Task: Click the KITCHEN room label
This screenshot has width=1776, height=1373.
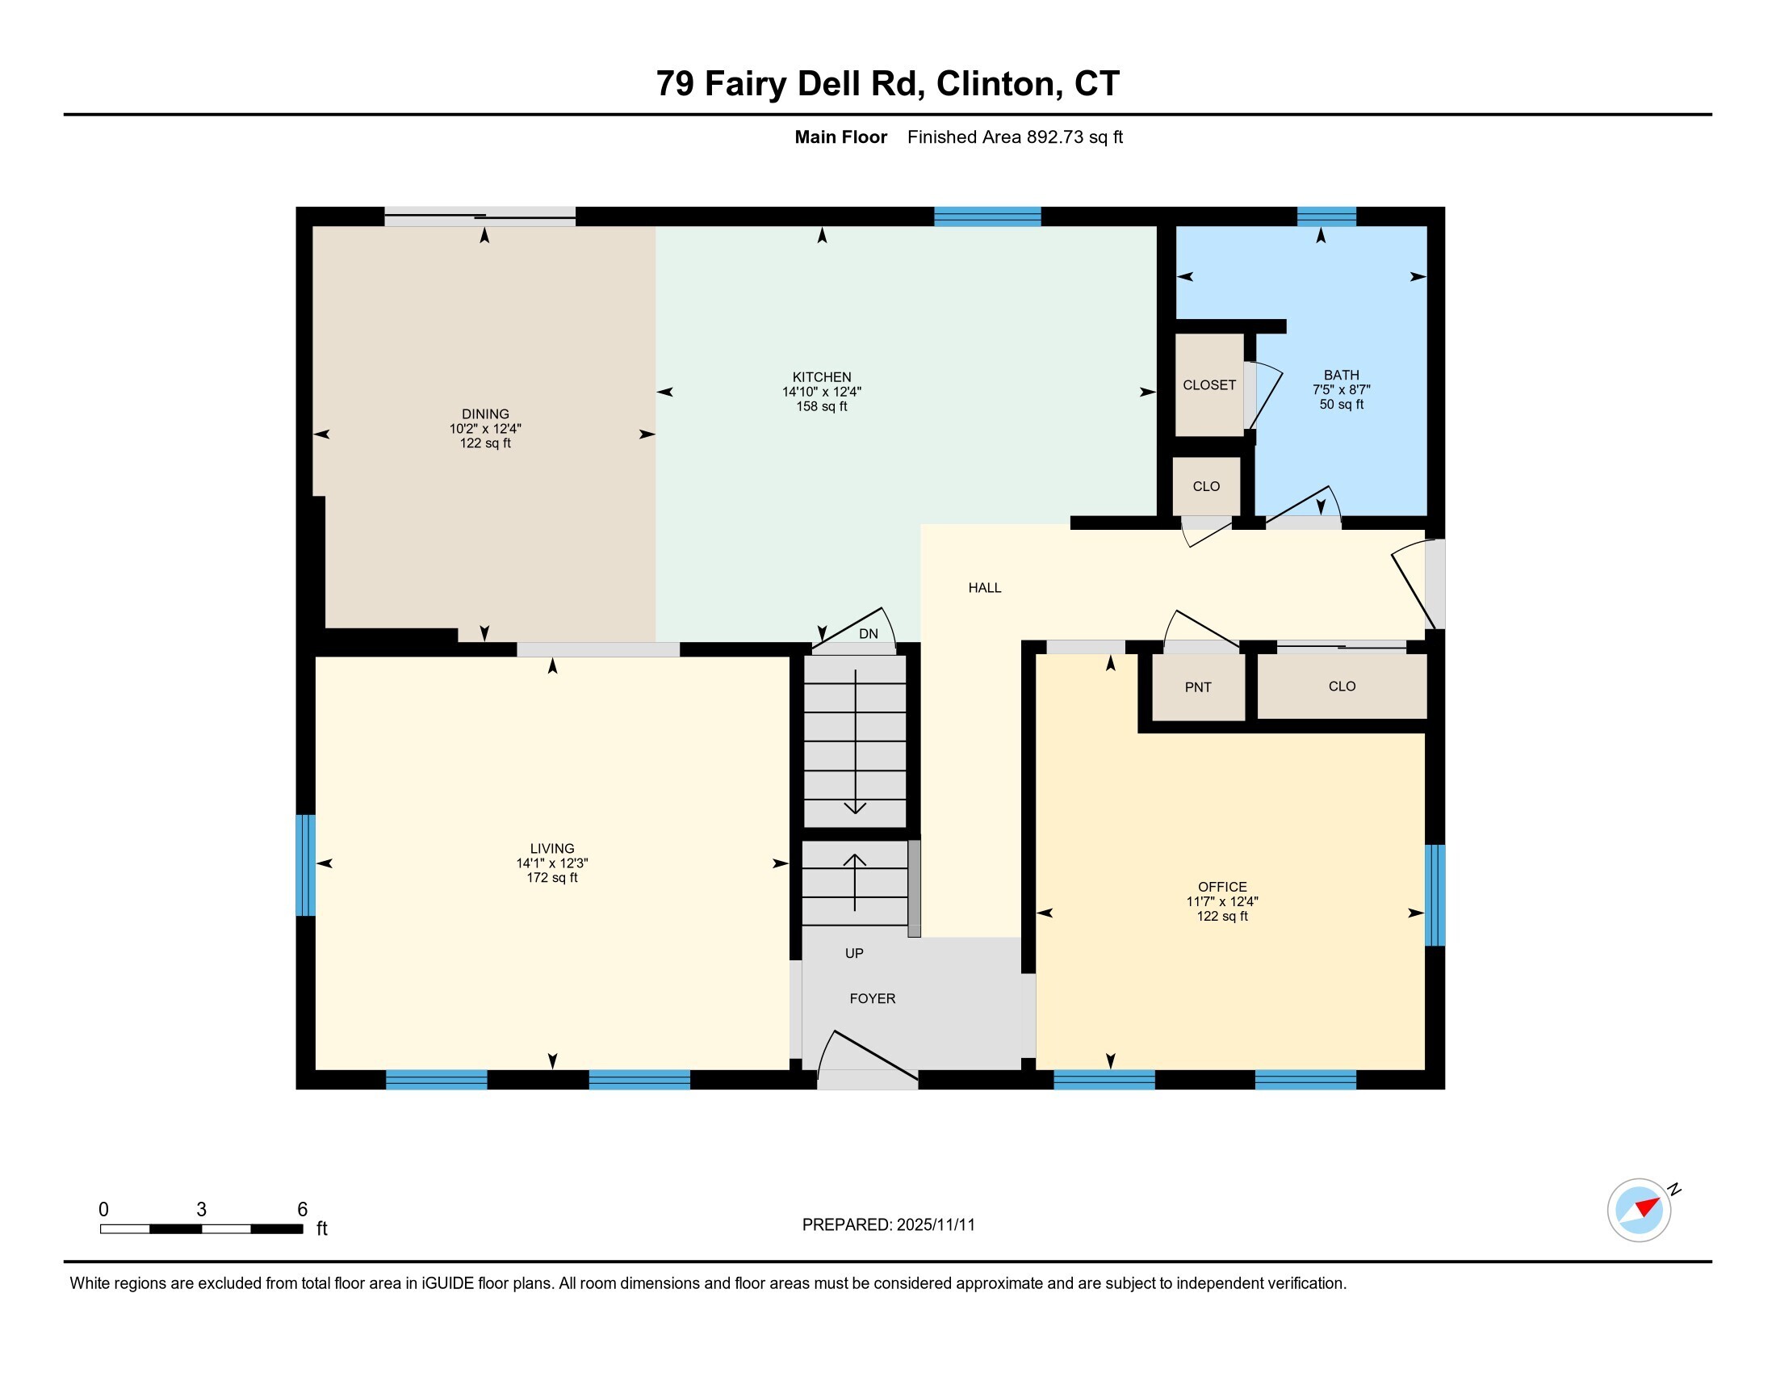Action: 821,377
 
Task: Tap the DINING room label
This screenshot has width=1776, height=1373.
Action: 485,414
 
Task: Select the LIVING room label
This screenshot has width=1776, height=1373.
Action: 552,848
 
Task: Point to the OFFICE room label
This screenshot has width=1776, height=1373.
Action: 1222,887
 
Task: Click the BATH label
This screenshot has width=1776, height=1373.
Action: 1341,375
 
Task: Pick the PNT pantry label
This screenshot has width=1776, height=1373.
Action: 1198,687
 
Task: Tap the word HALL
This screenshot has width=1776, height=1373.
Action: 985,587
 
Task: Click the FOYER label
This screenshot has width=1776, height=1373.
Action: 873,998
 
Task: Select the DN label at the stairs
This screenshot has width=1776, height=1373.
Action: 869,634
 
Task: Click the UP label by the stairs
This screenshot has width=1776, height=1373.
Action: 854,952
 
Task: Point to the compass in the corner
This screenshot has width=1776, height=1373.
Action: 1640,1210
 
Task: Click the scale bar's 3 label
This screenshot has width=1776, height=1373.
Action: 201,1209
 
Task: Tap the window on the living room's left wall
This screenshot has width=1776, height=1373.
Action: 305,865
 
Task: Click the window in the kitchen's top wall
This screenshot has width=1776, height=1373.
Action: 987,216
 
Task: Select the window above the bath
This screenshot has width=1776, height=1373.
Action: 1326,216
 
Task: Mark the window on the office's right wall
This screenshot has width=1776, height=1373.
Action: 1435,895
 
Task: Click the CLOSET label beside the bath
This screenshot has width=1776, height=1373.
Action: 1209,384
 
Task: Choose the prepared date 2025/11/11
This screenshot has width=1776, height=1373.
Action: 935,1224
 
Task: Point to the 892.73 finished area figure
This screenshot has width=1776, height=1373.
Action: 1055,136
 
